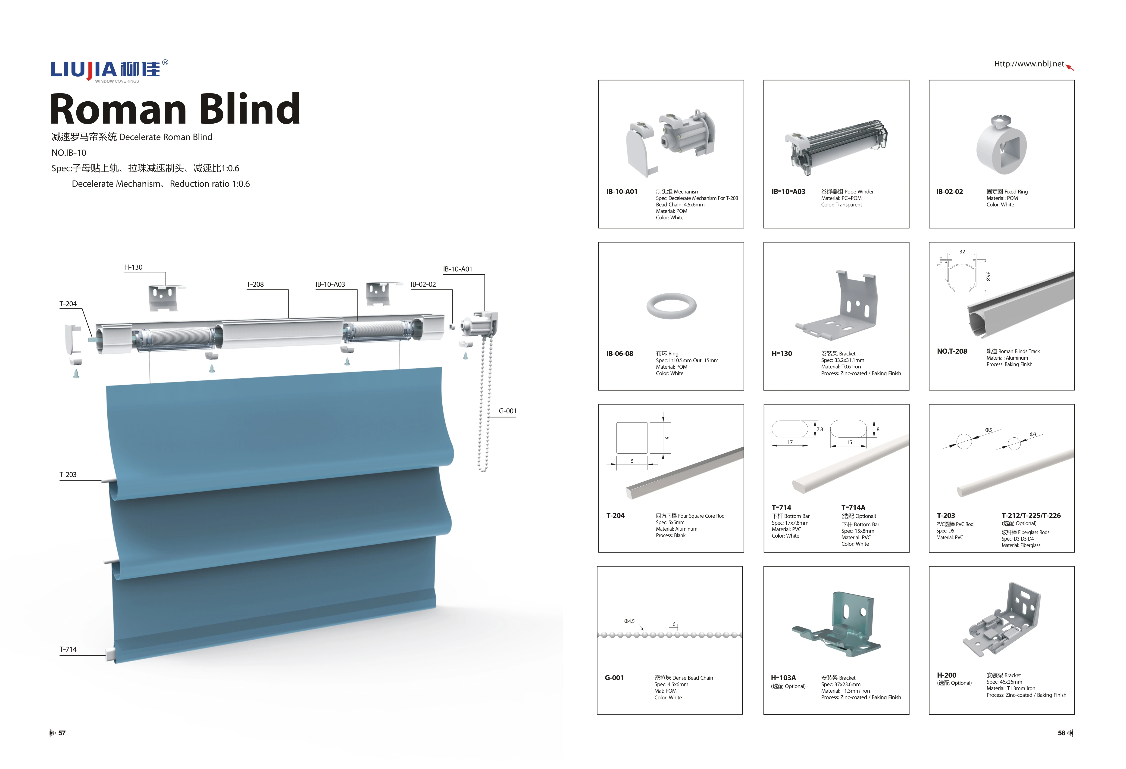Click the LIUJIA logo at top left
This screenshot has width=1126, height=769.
click(109, 70)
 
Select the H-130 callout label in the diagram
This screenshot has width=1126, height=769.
click(133, 267)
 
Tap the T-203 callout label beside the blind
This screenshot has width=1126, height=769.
click(68, 475)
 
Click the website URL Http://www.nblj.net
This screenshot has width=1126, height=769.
click(1029, 64)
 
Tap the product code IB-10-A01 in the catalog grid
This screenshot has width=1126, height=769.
click(622, 192)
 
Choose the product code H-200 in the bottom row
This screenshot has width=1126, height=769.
click(946, 675)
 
